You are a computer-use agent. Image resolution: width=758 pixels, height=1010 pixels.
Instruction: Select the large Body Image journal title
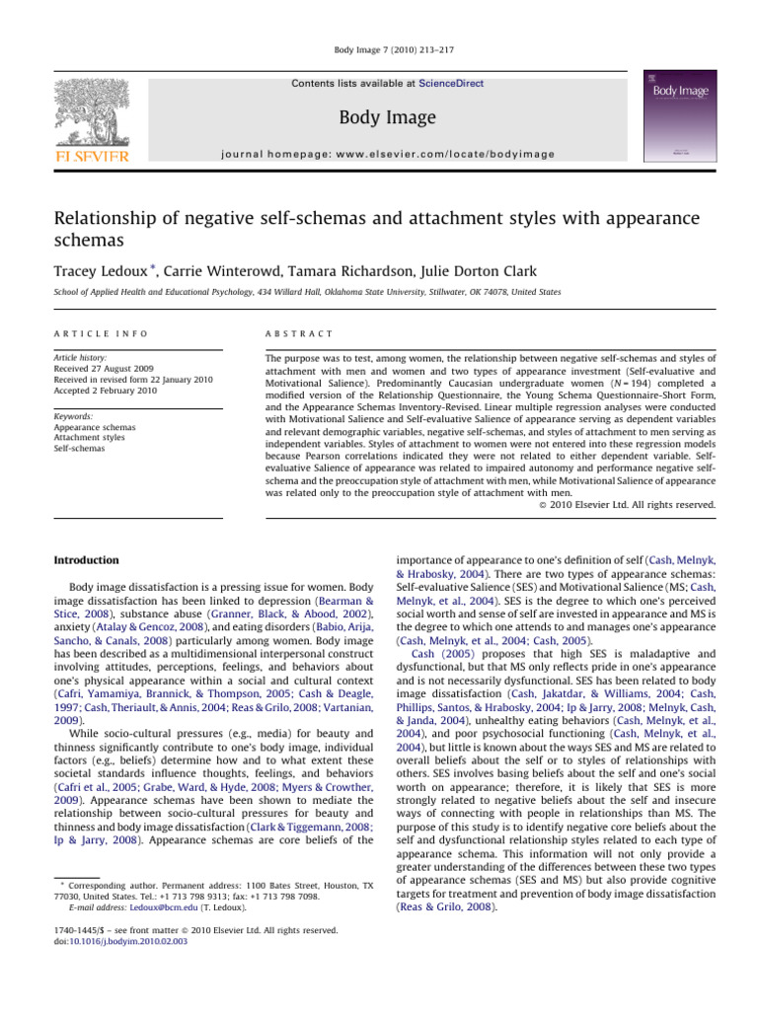point(387,118)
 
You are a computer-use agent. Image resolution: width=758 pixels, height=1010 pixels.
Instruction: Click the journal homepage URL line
point(387,153)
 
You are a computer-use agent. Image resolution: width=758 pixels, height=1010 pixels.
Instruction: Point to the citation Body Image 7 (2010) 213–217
point(378,48)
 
